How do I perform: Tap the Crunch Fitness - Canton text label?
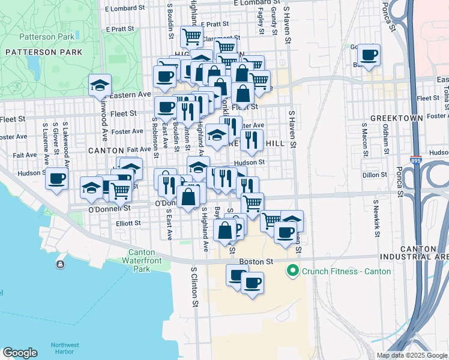tap(346, 271)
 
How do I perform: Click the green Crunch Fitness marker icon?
tap(293, 271)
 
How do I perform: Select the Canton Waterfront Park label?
tap(142, 261)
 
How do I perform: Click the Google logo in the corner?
tap(19, 353)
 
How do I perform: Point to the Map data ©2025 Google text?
tap(412, 355)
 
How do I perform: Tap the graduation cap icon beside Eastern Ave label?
tap(100, 85)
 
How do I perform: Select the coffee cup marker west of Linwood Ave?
tap(57, 178)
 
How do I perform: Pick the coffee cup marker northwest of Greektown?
tap(369, 55)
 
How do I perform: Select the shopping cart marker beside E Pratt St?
tap(191, 36)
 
